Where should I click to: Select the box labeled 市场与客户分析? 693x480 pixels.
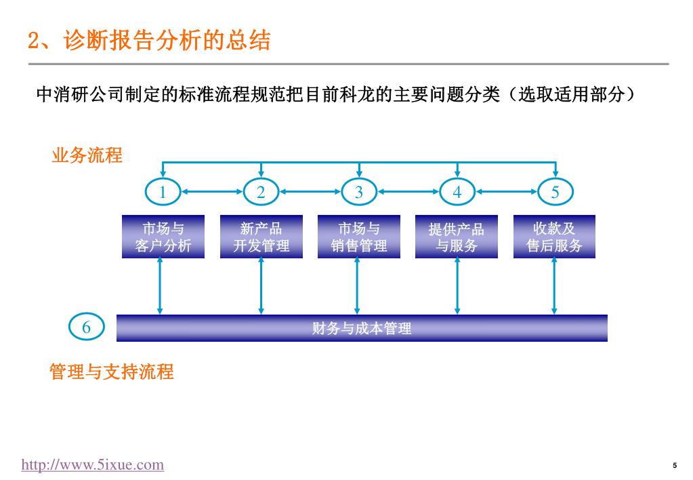pyautogui.click(x=163, y=237)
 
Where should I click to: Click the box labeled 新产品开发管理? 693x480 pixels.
pyautogui.click(x=261, y=237)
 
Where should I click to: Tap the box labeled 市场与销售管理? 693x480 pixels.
pyautogui.click(x=359, y=237)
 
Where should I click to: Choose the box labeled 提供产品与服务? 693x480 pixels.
pyautogui.click(x=457, y=237)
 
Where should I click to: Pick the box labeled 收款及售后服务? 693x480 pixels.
pyautogui.click(x=554, y=237)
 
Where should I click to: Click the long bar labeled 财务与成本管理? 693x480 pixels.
pyautogui.click(x=362, y=328)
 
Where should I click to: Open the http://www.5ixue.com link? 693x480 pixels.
pyautogui.click(x=93, y=464)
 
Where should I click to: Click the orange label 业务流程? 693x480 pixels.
pyautogui.click(x=87, y=155)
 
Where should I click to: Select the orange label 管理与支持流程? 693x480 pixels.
pyautogui.click(x=111, y=372)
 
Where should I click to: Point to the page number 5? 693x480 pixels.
pyautogui.click(x=675, y=465)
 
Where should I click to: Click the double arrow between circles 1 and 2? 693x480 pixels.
pyautogui.click(x=212, y=192)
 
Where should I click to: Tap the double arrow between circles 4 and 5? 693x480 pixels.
pyautogui.click(x=507, y=192)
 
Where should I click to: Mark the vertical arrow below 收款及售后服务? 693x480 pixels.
pyautogui.click(x=554, y=286)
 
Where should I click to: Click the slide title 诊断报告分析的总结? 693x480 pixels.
pyautogui.click(x=167, y=40)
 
